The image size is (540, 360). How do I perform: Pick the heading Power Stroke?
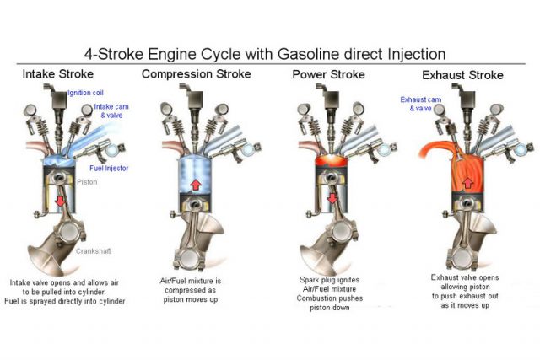tap(329, 73)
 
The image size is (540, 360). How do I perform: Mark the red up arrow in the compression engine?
tap(193, 184)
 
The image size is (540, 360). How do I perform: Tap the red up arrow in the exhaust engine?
tap(467, 181)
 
